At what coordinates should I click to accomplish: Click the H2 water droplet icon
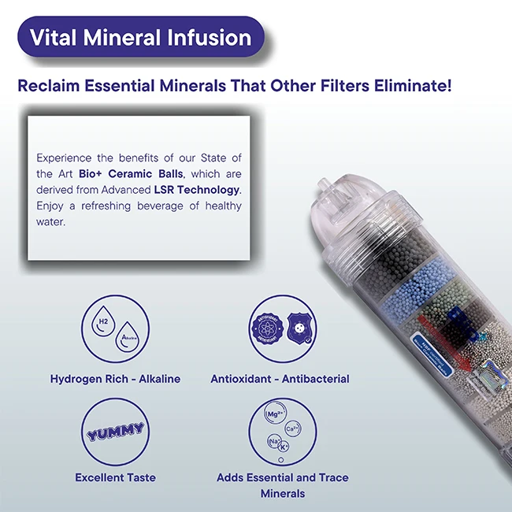pos(103,324)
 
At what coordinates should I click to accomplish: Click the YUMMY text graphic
pos(115,430)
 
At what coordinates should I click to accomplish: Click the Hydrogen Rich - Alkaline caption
pos(115,379)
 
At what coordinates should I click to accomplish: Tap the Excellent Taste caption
pos(115,477)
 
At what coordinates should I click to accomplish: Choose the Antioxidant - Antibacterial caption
pos(280,379)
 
